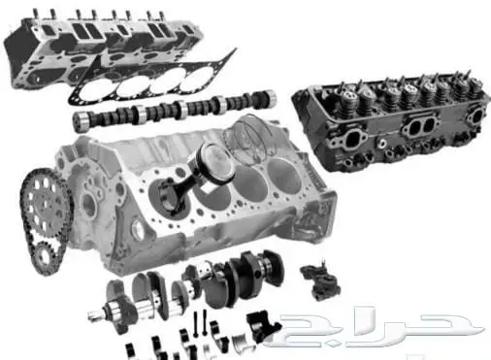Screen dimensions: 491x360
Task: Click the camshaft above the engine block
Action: pyautogui.click(x=175, y=110)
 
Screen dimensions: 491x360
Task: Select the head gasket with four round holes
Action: pyautogui.click(x=152, y=79)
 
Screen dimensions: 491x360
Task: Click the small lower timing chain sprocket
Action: pyautogui.click(x=43, y=257)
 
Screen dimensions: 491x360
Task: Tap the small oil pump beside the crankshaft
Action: pyautogui.click(x=320, y=279)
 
